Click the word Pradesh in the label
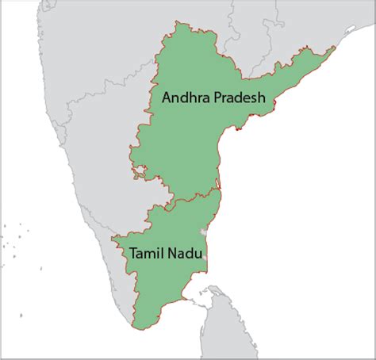click(237, 98)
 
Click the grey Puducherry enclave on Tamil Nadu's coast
click(205, 232)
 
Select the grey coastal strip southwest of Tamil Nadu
click(119, 293)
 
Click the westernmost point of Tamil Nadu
click(113, 237)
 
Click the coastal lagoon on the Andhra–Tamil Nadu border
click(218, 193)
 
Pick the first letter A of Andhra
click(166, 98)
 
